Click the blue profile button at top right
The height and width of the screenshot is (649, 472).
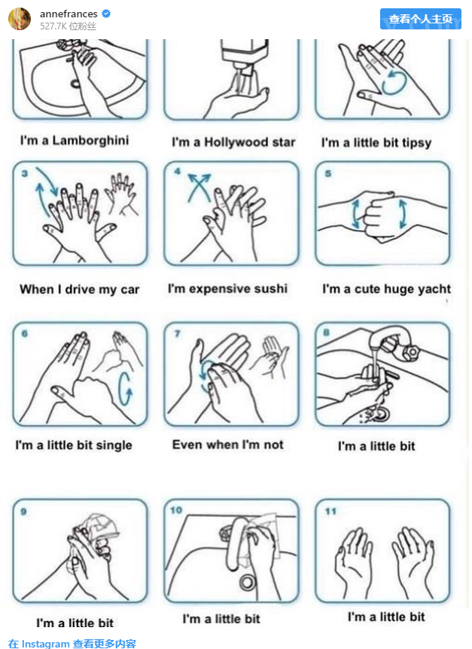coord(420,19)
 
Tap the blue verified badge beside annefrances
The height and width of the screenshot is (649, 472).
coord(106,14)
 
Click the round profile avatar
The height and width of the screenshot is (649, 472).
coord(20,19)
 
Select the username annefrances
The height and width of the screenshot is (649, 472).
coord(69,14)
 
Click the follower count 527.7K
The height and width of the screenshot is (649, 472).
coord(53,26)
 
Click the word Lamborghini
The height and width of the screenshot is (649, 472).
coord(90,140)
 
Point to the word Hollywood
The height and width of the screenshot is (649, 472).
coord(236,142)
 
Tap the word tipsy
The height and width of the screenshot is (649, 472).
coord(416,142)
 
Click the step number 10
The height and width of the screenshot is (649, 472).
coord(176,510)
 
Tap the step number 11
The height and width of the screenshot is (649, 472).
coord(330,511)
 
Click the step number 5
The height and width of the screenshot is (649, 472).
coord(327,173)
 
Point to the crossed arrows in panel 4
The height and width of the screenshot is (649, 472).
coord(199,187)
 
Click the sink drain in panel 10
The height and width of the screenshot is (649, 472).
coord(248,583)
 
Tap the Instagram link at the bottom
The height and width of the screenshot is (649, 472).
coord(72,644)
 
